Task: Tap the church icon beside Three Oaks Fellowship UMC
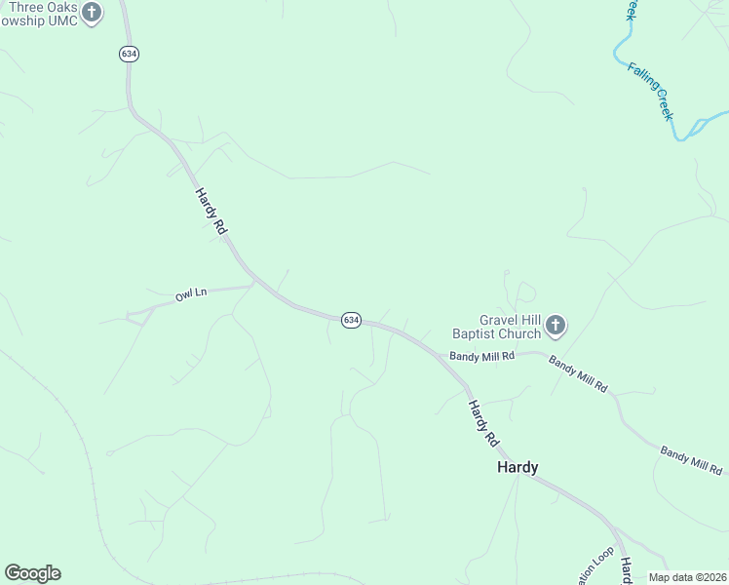click(92, 13)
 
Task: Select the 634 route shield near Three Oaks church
click(129, 54)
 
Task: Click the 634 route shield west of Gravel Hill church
click(351, 320)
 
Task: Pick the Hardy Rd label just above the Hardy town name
click(481, 423)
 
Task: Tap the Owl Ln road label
click(191, 293)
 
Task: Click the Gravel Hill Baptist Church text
click(510, 327)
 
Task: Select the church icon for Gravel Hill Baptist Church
click(555, 325)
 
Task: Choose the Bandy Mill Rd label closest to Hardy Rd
click(481, 357)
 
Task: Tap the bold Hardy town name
click(518, 467)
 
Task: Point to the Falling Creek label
click(650, 91)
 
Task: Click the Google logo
click(32, 573)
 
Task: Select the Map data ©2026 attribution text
click(688, 577)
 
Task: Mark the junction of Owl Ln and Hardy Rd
click(253, 284)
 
